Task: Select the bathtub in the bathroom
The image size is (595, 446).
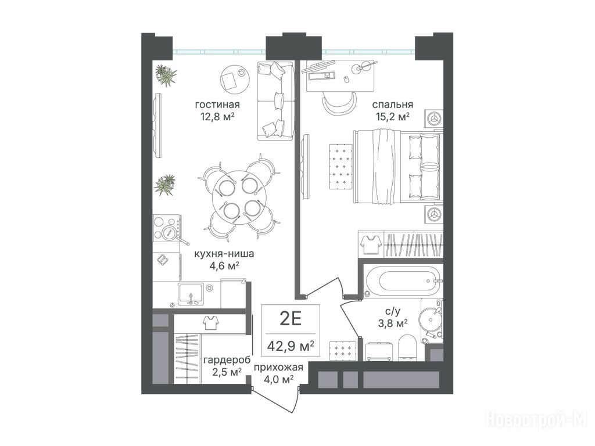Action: (x=403, y=282)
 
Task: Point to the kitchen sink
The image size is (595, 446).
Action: (x=191, y=294)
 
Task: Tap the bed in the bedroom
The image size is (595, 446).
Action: (x=398, y=166)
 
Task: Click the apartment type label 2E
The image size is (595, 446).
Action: (x=291, y=319)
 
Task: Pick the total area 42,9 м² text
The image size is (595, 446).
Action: (x=291, y=346)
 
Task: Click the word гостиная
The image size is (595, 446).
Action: (x=217, y=105)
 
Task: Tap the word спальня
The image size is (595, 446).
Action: (x=392, y=105)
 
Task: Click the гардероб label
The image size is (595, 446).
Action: (x=227, y=360)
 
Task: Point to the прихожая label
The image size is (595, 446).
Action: (x=278, y=367)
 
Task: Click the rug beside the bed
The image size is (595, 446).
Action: (x=341, y=166)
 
